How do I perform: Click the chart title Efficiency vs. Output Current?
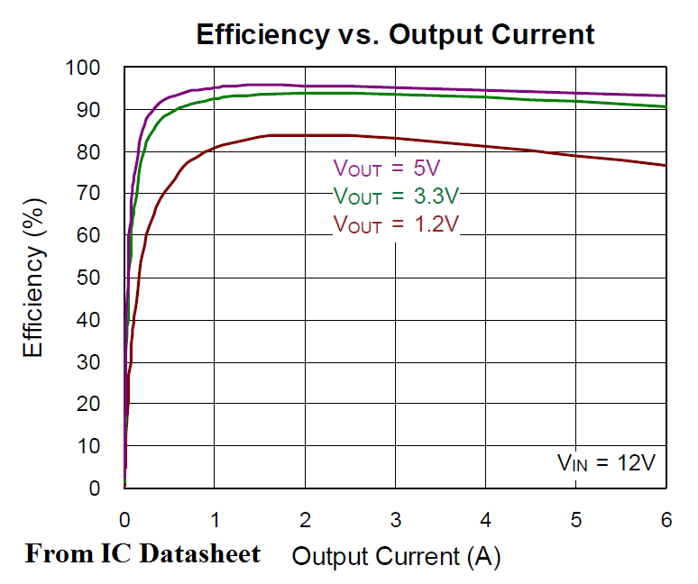[395, 35]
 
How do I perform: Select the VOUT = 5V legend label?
[386, 168]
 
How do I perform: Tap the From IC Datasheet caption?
[142, 552]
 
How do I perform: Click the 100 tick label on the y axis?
[83, 68]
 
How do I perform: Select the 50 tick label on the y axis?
[89, 278]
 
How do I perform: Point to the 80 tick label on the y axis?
[89, 152]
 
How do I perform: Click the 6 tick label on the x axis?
[666, 520]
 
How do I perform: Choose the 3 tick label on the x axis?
[396, 520]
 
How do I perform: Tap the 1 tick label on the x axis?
[216, 520]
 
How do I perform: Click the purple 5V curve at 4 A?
[486, 90]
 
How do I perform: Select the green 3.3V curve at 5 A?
[576, 101]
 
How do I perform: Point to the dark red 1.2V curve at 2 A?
[306, 135]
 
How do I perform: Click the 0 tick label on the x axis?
[125, 520]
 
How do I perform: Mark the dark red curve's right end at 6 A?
[665, 165]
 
